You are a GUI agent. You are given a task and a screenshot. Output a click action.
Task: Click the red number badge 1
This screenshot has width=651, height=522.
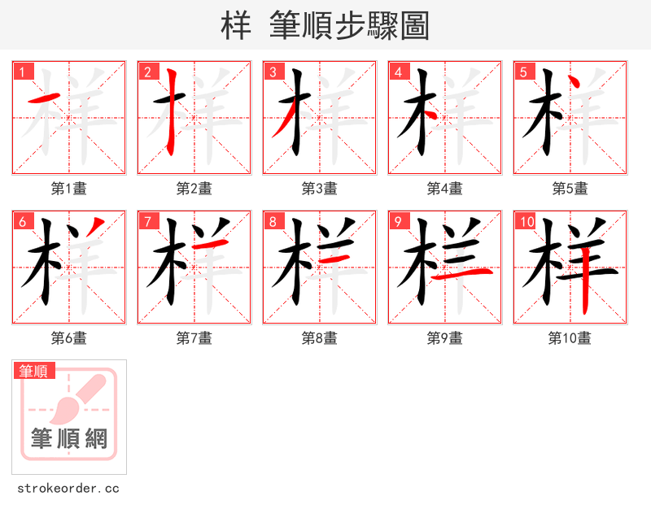pos(21,72)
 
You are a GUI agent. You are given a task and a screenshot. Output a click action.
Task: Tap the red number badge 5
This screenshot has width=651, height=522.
pos(522,72)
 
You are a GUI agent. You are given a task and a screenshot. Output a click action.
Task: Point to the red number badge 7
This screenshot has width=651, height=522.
pos(146,221)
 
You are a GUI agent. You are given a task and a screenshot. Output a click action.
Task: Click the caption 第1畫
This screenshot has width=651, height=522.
pos(69,189)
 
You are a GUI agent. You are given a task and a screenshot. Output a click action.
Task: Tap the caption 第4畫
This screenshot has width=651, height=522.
pos(445,189)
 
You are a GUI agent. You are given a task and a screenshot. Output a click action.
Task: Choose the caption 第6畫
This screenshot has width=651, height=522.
pos(69,338)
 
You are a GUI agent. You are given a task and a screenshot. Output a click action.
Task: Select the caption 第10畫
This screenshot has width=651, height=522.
pos(570,338)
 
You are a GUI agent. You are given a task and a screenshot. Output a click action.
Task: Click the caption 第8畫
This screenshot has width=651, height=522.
pos(320,338)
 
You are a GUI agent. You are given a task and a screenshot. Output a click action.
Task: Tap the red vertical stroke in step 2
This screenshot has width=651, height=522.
pos(171,114)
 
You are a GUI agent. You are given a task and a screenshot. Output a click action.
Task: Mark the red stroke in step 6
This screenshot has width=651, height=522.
pos(95,228)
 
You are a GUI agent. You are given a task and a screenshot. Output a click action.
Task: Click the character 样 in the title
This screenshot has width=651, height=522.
pos(236,26)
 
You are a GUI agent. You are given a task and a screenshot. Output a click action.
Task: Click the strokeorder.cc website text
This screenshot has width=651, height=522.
pos(68,489)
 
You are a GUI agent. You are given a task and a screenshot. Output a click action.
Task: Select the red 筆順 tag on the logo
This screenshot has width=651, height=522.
pos(34,372)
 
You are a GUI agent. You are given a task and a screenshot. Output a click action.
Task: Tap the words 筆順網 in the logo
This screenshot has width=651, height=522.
pos(69,439)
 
